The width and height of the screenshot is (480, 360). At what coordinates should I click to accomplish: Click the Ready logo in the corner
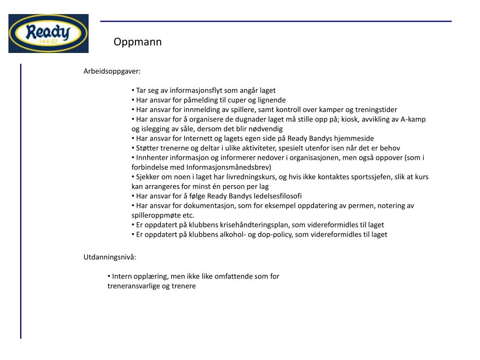point(48,33)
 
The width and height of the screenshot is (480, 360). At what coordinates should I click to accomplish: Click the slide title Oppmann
point(137,42)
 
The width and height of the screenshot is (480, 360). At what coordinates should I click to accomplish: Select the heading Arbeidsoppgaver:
point(112,71)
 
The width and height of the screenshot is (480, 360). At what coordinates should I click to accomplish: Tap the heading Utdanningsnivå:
point(110,257)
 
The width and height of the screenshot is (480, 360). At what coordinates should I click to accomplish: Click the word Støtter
point(148,148)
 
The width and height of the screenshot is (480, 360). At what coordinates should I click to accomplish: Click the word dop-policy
point(272,234)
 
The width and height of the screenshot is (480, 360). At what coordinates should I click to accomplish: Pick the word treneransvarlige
point(134,286)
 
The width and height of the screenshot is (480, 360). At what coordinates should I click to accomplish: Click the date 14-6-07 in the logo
point(48,42)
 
